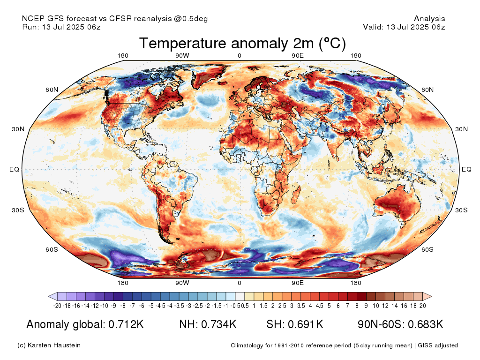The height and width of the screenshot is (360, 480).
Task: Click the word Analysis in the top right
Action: pyautogui.click(x=429, y=19)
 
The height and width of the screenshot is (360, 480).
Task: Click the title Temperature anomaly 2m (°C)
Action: pyautogui.click(x=242, y=43)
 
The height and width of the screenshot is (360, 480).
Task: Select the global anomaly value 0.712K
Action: pyautogui.click(x=126, y=324)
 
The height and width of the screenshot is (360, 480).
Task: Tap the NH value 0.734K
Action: pyautogui.click(x=218, y=324)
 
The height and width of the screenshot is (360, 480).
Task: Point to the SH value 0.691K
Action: pyautogui.click(x=306, y=324)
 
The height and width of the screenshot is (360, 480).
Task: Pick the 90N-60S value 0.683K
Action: pyautogui.click(x=426, y=324)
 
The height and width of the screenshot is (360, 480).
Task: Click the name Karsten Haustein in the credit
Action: pyautogui.click(x=54, y=345)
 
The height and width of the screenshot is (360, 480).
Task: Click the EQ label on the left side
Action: pyautogui.click(x=14, y=169)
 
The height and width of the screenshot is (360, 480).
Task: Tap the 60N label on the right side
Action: pyautogui.click(x=427, y=90)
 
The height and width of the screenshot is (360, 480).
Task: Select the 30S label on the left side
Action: pyautogui.click(x=18, y=210)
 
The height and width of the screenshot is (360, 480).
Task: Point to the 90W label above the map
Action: pyautogui.click(x=182, y=56)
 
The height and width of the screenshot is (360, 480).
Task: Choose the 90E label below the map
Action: pyautogui.click(x=298, y=283)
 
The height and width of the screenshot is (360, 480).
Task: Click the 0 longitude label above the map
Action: pyautogui.click(x=240, y=56)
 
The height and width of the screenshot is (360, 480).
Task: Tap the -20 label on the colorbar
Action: pyautogui.click(x=57, y=306)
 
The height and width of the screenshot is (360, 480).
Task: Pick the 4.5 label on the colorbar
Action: pyautogui.click(x=319, y=306)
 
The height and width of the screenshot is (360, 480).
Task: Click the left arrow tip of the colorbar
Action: pyautogui.click(x=48, y=296)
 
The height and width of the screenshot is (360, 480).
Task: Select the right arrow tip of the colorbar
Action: pyautogui.click(x=432, y=296)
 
